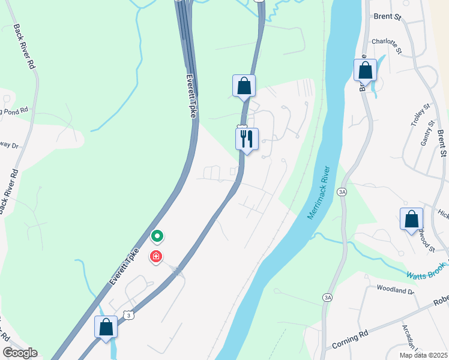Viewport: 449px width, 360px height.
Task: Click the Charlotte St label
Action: (x=385, y=42)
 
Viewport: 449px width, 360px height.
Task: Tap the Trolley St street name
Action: (x=420, y=115)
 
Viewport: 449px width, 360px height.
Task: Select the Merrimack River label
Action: (x=319, y=192)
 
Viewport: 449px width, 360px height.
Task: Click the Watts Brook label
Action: (x=427, y=271)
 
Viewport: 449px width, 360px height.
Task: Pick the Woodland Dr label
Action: (x=395, y=290)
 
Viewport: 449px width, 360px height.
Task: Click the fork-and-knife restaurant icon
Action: (x=247, y=139)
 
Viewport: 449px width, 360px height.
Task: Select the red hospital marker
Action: (x=156, y=257)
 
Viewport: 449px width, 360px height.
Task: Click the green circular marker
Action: (x=157, y=236)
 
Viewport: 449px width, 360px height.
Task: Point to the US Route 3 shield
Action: (x=128, y=314)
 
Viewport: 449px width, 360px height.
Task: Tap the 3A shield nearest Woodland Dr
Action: (x=327, y=297)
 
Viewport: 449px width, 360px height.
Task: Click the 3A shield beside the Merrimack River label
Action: (x=342, y=192)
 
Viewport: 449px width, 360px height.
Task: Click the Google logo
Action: (x=20, y=353)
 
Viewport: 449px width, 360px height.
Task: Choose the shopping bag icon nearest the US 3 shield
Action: (x=106, y=327)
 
